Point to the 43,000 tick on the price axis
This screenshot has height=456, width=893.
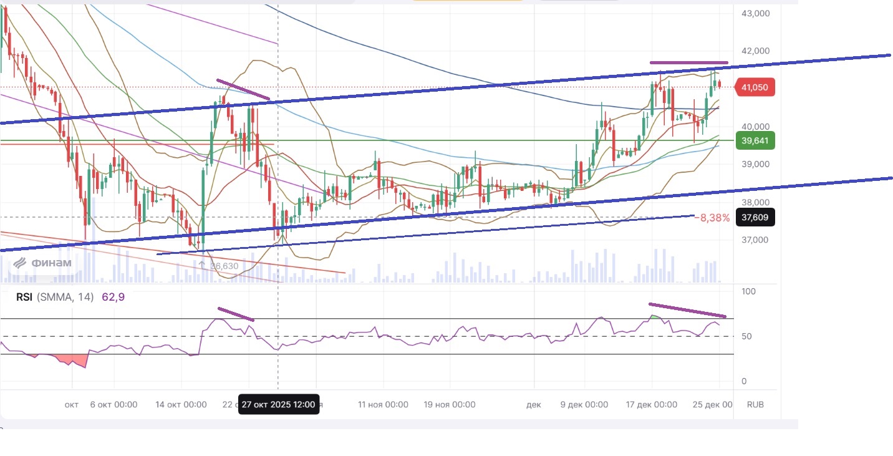pos(755,13)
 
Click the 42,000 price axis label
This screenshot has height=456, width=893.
pos(755,51)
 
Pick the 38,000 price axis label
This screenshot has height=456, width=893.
pos(755,202)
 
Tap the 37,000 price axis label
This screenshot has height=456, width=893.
pos(755,240)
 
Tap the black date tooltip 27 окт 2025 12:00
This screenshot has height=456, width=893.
pos(279,404)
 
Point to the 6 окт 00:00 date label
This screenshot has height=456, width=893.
pos(113,404)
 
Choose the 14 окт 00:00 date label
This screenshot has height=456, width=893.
pos(181,404)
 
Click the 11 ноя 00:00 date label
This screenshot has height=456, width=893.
pos(383,404)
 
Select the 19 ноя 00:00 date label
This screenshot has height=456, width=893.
pos(450,404)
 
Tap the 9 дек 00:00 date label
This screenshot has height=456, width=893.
pos(584,404)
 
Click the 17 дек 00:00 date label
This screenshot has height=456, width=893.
pos(651,404)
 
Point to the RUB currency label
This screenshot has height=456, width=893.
pos(755,404)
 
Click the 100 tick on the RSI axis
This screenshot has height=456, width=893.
pos(748,292)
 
